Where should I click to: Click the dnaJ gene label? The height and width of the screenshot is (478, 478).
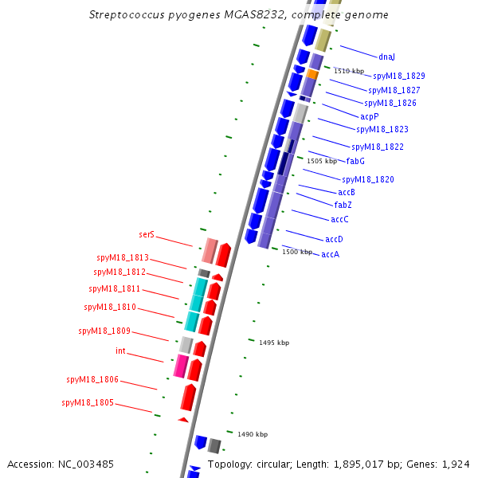(x=386, y=57)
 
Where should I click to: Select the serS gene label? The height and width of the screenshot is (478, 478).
(x=147, y=234)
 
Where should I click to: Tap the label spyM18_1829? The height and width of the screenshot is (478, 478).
(x=399, y=76)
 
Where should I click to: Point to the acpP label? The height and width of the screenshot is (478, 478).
(x=370, y=117)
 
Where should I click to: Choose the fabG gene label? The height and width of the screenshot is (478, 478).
(x=355, y=161)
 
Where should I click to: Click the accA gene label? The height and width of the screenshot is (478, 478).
(x=331, y=254)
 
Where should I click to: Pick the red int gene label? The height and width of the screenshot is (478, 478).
(x=120, y=351)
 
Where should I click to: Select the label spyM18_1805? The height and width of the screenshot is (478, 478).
(x=88, y=402)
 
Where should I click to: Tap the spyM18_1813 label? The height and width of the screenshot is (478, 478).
(x=123, y=257)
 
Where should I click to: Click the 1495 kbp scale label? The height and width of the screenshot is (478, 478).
(x=274, y=343)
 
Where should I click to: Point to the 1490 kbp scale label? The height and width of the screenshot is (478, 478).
(x=253, y=434)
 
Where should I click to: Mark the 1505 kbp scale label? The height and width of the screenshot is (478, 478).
(x=322, y=161)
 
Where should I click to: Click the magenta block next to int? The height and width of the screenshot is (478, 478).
(x=181, y=366)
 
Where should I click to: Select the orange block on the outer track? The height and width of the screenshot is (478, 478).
(x=312, y=74)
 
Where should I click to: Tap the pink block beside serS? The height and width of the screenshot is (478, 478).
(x=210, y=251)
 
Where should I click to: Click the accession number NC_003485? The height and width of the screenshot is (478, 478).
(x=86, y=464)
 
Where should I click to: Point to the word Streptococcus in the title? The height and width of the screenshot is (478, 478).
(x=127, y=14)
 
